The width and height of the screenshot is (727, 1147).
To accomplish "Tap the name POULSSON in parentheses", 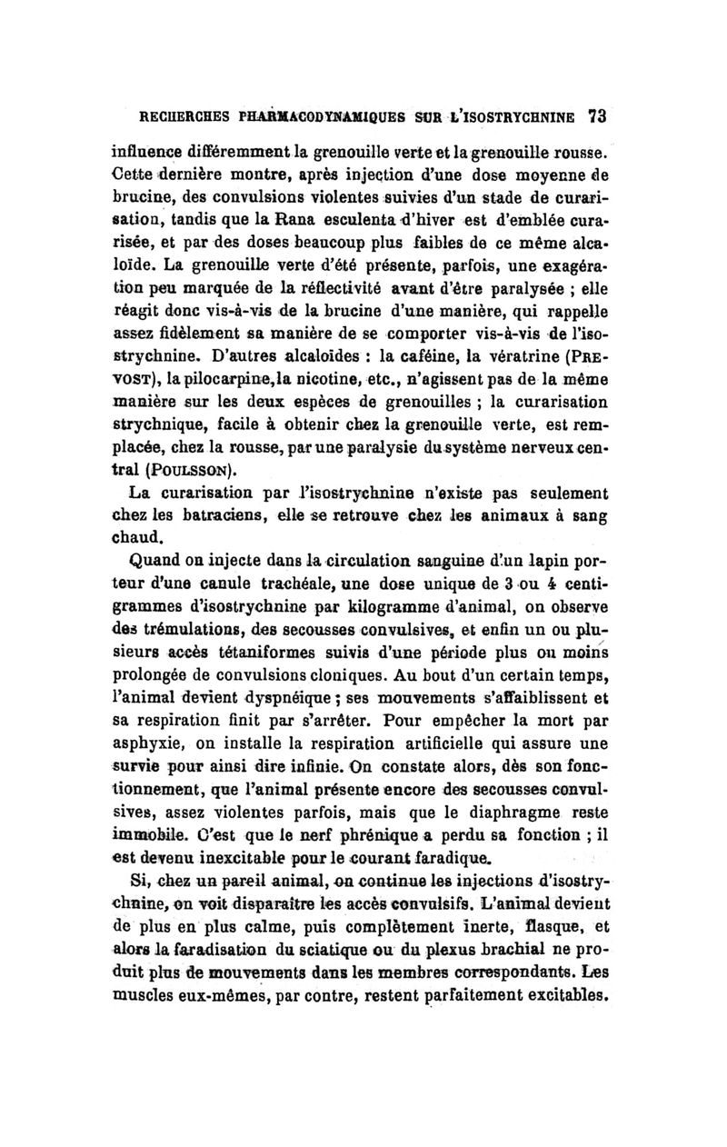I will [188, 471].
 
